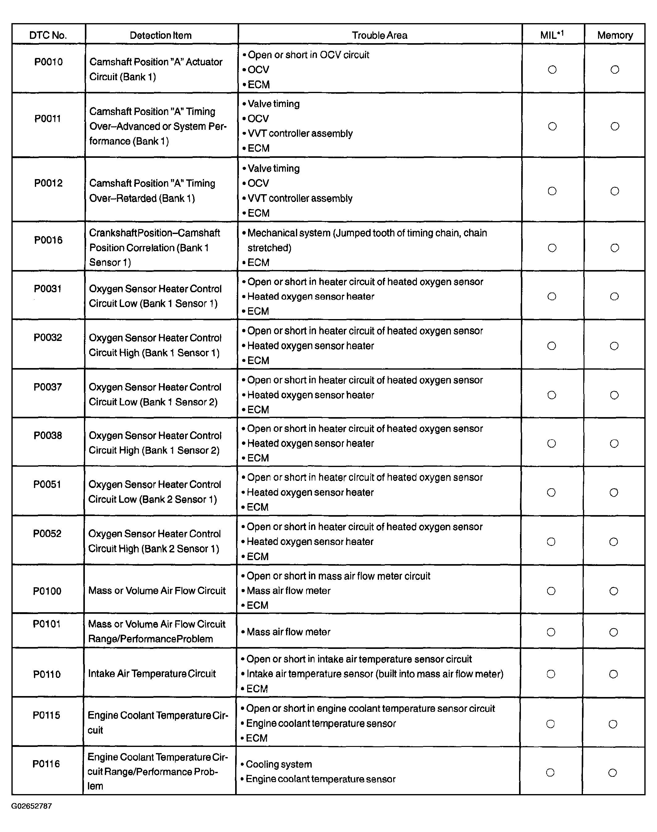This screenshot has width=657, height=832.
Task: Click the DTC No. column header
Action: pyautogui.click(x=48, y=35)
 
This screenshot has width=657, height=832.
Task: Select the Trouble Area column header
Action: pyautogui.click(x=379, y=35)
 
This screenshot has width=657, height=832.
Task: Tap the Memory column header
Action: pyautogui.click(x=615, y=35)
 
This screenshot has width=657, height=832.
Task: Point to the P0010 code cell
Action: pyautogui.click(x=48, y=62)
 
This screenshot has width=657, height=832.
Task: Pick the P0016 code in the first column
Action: pyautogui.click(x=48, y=240)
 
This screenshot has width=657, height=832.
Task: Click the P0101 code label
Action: pyautogui.click(x=47, y=624)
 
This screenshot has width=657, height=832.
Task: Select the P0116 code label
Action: pyautogui.click(x=46, y=764)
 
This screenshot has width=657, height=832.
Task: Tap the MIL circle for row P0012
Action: pyautogui.click(x=552, y=191)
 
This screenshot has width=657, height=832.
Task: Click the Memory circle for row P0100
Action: pyautogui.click(x=614, y=591)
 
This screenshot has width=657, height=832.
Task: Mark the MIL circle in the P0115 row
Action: pyautogui.click(x=551, y=724)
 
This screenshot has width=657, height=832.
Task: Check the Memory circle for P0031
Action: pyautogui.click(x=614, y=296)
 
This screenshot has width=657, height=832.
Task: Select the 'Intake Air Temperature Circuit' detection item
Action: pyautogui.click(x=152, y=674)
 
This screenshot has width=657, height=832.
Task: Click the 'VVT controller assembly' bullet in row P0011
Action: pyautogui.click(x=300, y=133)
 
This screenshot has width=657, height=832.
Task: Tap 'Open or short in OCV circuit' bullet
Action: pyautogui.click(x=308, y=55)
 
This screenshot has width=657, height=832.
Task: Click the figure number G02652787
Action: pyautogui.click(x=31, y=806)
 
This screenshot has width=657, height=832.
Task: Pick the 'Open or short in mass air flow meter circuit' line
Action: pyautogui.click(x=338, y=576)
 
